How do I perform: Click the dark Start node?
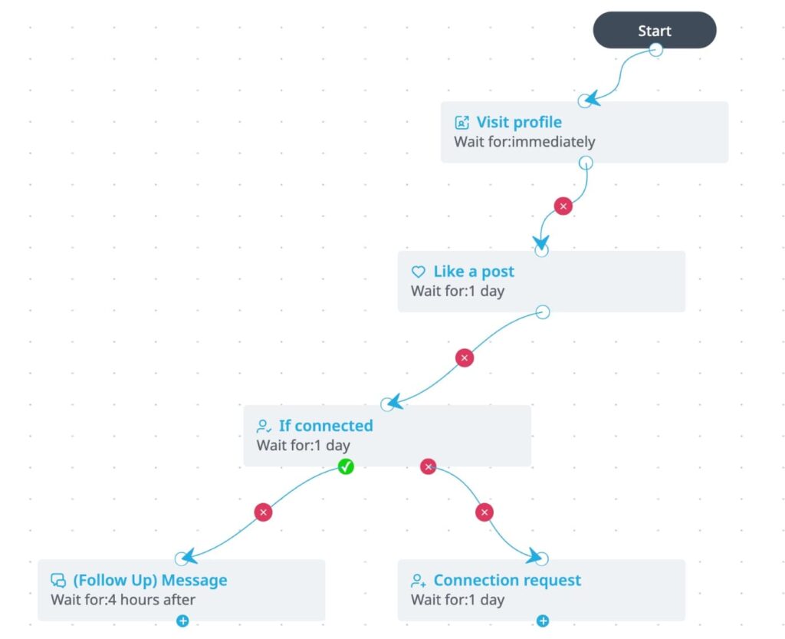tap(655, 31)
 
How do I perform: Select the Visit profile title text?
tap(519, 122)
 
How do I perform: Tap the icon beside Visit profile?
tap(461, 122)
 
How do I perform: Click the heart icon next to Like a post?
tap(418, 272)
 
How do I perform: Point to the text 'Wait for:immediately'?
tap(524, 142)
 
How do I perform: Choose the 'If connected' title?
tap(326, 426)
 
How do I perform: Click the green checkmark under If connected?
tap(346, 466)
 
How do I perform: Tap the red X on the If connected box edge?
tap(428, 466)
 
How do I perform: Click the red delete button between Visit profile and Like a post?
tap(563, 206)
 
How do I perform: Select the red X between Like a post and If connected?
tap(465, 358)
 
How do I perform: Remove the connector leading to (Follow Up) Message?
tap(264, 512)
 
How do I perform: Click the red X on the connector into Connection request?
tap(484, 512)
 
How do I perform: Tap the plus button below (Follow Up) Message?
tap(182, 621)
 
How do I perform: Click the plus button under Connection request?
tap(543, 621)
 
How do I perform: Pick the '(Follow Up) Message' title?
tap(150, 580)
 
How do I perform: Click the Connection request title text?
tap(507, 580)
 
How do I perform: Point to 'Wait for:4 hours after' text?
tap(123, 599)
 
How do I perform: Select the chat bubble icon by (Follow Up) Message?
tap(58, 581)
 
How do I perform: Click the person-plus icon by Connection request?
tap(418, 581)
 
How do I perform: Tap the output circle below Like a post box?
tap(543, 312)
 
